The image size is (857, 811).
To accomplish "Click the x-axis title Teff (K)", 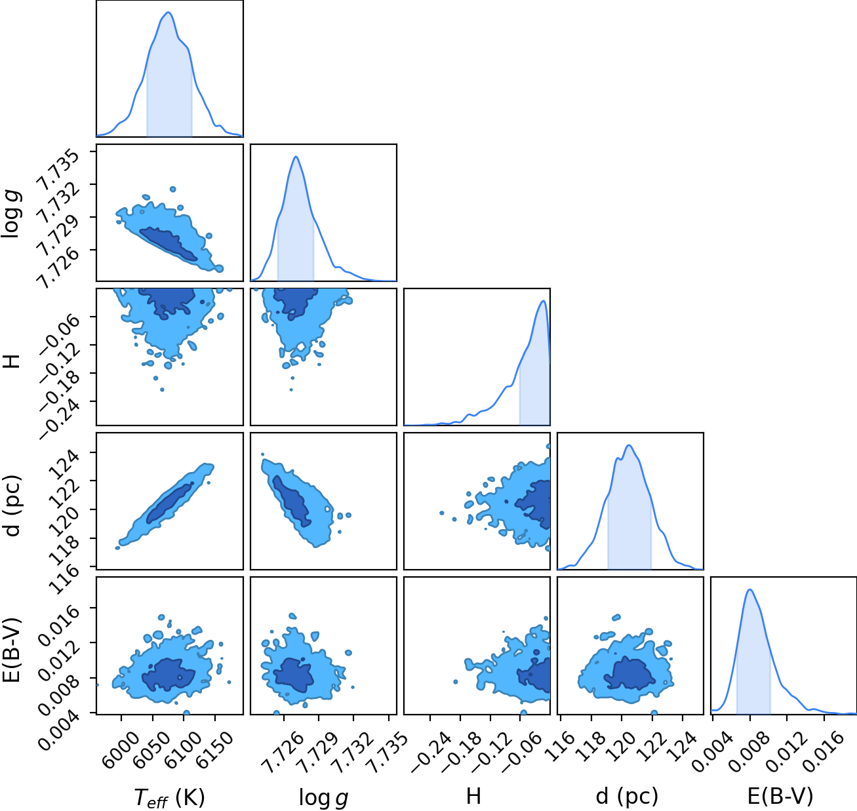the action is (169, 797).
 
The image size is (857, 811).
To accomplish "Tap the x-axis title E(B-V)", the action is (780, 796).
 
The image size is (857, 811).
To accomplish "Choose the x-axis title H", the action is (474, 796).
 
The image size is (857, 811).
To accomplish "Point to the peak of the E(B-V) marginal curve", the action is (750, 589).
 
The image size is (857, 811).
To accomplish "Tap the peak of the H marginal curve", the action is (543, 301).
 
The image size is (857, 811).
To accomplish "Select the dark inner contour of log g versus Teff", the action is (169, 243).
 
